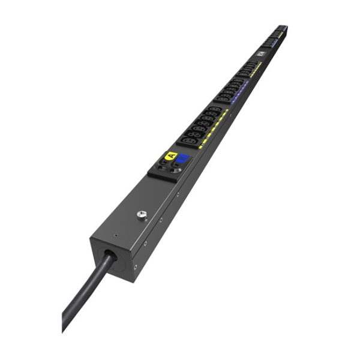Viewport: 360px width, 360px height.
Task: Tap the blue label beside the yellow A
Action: coord(182,159)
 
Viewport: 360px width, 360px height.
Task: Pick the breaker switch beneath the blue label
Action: coord(176,169)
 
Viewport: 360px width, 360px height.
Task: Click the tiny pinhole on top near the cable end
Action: coord(115,235)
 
